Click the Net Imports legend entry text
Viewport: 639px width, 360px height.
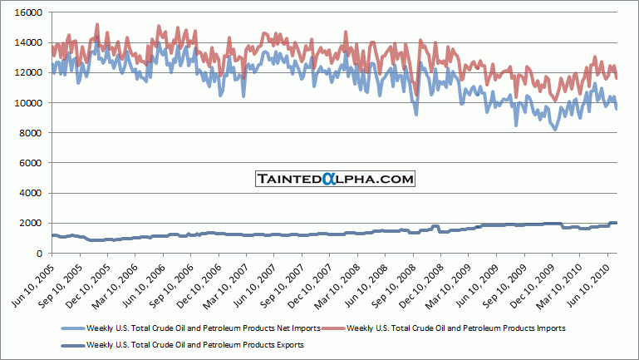click(204, 328)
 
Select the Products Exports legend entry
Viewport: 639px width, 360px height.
click(195, 343)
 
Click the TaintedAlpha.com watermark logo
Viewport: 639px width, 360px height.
click(334, 178)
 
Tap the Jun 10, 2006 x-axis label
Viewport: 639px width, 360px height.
click(141, 284)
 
